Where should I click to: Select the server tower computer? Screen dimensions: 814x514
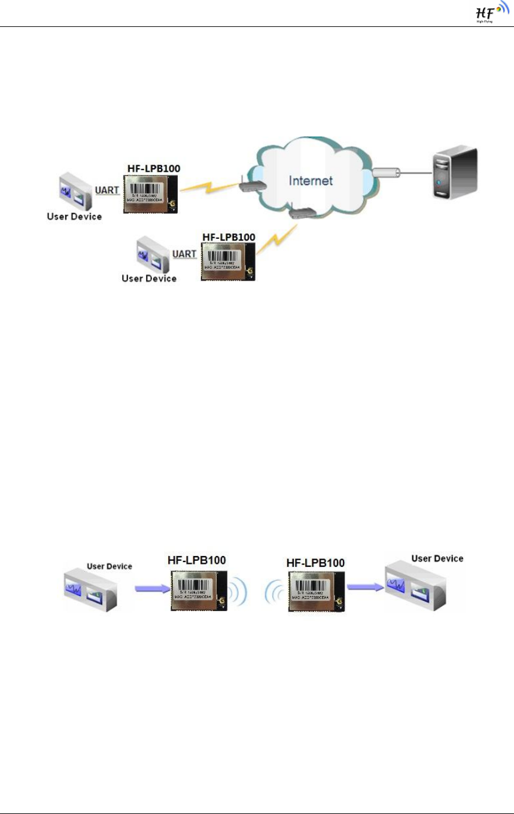click(454, 169)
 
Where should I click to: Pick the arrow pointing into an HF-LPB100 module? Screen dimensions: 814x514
click(147, 589)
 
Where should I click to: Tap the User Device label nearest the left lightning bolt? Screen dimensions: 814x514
click(74, 217)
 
